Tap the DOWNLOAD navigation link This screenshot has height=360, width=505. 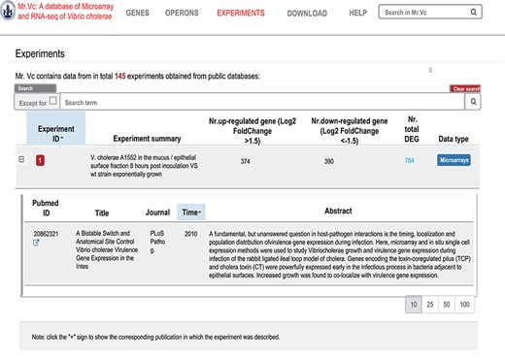[x=307, y=14]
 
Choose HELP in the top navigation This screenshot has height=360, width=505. [x=357, y=14]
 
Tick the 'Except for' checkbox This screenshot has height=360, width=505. [x=52, y=100]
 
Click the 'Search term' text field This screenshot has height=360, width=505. [x=262, y=101]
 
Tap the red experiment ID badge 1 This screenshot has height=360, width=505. [x=41, y=159]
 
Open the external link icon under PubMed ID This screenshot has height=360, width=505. [x=37, y=243]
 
